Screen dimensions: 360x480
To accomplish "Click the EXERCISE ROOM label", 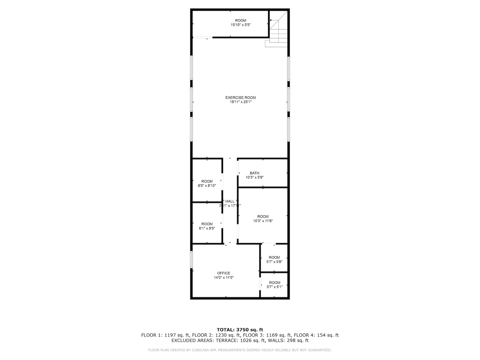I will click(240, 98).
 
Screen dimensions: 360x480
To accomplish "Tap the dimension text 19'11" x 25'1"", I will click(240, 102).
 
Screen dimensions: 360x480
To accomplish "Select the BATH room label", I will click(254, 173).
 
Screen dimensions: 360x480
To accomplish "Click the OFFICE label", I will click(224, 273).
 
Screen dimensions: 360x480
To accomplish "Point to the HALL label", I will click(230, 201).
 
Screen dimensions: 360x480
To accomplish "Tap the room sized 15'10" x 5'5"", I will click(240, 23).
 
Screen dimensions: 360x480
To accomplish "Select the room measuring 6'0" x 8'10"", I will click(207, 183).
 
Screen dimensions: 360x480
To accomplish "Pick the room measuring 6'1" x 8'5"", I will click(207, 226).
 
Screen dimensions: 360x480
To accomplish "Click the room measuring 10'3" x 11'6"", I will click(263, 218).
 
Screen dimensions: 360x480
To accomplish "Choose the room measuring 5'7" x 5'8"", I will click(274, 259).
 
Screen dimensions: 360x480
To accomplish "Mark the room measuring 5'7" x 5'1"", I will click(275, 285).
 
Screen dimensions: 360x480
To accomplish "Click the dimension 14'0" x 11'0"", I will click(224, 277).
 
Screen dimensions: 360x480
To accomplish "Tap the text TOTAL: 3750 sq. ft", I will click(240, 330).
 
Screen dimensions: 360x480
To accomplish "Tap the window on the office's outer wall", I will click(191, 259).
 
